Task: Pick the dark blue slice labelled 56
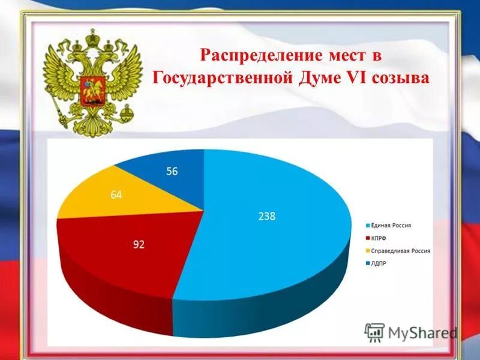[168, 174]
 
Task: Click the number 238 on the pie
[266, 217]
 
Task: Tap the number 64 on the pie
[116, 194]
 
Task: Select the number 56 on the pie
[172, 172]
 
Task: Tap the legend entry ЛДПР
[380, 262]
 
